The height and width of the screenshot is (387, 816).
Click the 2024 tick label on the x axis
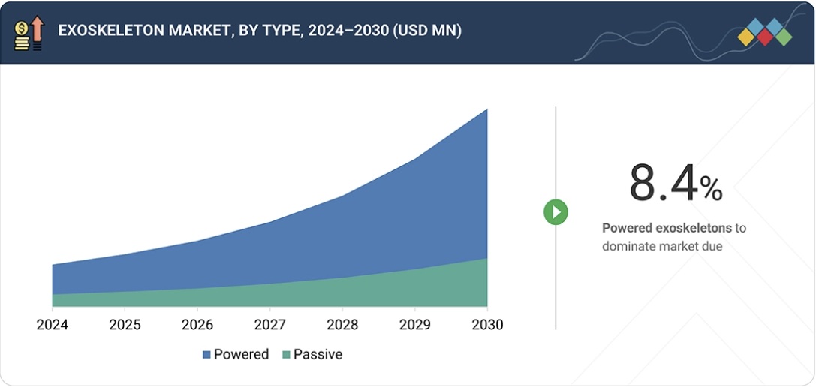click(52, 325)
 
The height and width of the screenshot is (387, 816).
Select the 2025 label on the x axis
click(125, 325)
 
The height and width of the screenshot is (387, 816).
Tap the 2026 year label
click(197, 325)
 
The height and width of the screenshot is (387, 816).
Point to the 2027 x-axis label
click(269, 325)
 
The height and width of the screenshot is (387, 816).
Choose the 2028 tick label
click(342, 325)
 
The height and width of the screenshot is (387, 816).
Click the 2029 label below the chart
click(414, 325)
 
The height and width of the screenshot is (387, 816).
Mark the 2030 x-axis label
click(487, 325)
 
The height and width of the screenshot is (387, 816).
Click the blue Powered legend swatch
click(206, 355)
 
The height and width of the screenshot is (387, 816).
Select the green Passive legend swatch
click(286, 355)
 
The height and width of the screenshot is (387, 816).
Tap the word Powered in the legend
click(241, 355)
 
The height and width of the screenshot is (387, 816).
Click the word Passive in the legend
click(318, 355)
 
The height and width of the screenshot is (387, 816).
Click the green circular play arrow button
click(556, 212)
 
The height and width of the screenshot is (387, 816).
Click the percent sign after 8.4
click(711, 189)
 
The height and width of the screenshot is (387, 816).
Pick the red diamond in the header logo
click(765, 37)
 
